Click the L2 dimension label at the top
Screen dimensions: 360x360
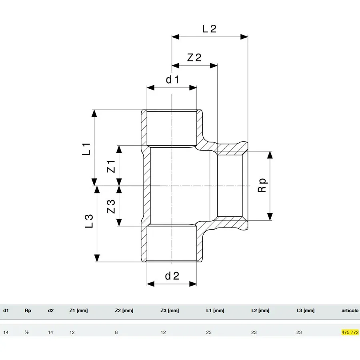coord(209,29)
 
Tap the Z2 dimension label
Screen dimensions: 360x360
coord(194,57)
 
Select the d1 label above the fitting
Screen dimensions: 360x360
coord(172,80)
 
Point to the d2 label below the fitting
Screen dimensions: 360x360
coord(172,276)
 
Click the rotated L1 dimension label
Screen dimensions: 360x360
coord(86,149)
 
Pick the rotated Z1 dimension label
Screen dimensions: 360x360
coord(111,166)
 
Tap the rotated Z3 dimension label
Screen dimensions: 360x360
coord(111,206)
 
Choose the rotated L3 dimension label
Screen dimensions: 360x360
coord(89,221)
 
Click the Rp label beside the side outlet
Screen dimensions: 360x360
coord(262,185)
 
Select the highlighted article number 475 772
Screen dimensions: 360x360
coord(350,332)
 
